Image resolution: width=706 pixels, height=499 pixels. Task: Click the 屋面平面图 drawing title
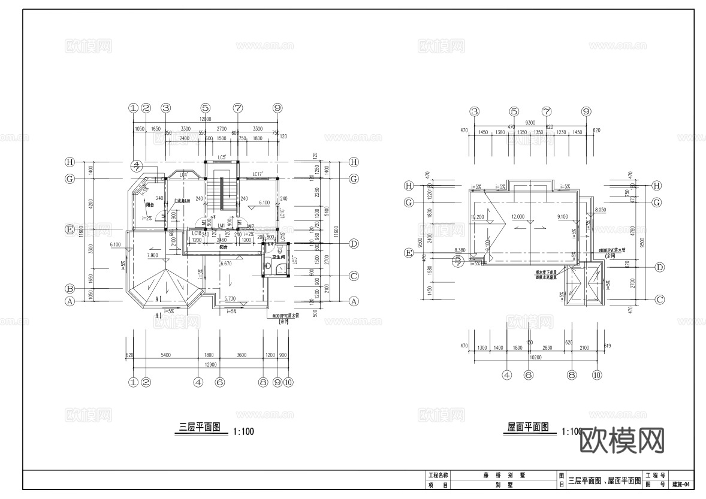[x=528, y=428]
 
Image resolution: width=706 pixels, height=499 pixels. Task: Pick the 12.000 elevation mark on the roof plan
[x=518, y=216]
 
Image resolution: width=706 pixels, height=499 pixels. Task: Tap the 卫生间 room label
[x=277, y=257]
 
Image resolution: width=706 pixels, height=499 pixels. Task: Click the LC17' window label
[x=259, y=174]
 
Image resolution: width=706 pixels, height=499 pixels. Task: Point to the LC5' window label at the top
[x=222, y=158]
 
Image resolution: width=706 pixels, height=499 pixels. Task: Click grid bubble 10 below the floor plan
[x=288, y=382]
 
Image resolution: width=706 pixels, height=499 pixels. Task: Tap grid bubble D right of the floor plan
[x=354, y=244]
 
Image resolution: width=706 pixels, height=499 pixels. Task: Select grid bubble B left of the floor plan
[x=70, y=288]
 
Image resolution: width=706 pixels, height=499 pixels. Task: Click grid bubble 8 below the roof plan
[x=571, y=375]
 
